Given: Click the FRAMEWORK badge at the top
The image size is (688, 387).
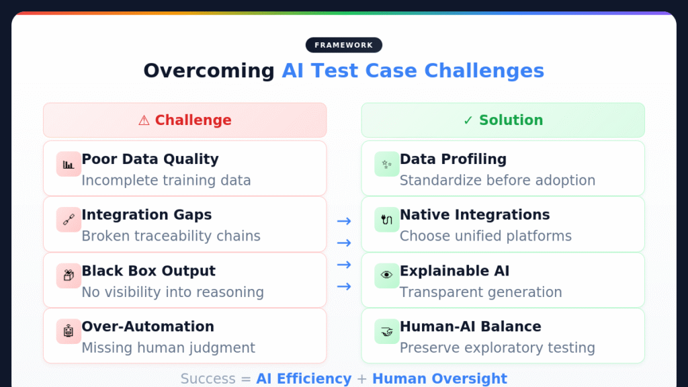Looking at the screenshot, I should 343,45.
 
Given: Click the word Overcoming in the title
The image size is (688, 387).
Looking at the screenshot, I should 209,71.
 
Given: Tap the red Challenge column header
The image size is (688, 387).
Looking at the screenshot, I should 185,120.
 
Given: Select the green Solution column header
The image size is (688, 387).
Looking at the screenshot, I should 503,120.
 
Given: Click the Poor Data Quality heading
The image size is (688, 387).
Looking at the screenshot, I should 150,159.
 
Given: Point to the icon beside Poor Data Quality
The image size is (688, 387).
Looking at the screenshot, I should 69,164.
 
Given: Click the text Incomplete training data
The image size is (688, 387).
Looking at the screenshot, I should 166,180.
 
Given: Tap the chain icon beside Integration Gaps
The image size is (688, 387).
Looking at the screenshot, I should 69,220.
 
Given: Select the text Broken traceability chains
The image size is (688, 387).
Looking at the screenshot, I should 171,236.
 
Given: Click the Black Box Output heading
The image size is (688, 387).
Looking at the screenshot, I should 148,271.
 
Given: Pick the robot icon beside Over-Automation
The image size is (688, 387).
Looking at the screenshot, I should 69,331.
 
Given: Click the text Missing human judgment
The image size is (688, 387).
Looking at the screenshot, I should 168,347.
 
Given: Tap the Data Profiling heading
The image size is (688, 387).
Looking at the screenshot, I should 453,159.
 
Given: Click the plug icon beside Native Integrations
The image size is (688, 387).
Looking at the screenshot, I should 387,220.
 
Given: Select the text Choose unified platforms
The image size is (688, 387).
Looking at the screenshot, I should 486,236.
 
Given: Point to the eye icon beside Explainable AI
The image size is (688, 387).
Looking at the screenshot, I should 387,275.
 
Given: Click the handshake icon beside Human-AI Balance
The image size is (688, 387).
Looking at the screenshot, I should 387,331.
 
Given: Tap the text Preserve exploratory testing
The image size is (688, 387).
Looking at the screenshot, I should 497,347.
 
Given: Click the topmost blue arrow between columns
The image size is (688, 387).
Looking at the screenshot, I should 344,221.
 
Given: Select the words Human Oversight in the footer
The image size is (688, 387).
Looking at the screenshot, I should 439,379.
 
